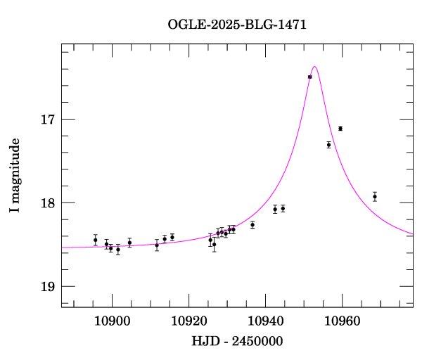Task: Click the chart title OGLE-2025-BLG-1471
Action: [x=237, y=25]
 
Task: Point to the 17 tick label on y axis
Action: [x=47, y=120]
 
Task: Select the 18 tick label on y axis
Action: [x=47, y=203]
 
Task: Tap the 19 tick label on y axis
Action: [x=47, y=287]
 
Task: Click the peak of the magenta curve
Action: [x=314, y=67]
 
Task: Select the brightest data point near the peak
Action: [x=309, y=77]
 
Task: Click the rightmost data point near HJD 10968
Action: [x=375, y=197]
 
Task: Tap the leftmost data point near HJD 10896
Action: [x=96, y=240]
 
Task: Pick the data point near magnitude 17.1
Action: [x=340, y=129]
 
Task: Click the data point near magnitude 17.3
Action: [x=328, y=145]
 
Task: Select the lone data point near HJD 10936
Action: [x=252, y=225]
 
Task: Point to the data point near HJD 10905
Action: [x=129, y=243]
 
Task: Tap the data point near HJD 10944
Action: [x=283, y=209]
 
